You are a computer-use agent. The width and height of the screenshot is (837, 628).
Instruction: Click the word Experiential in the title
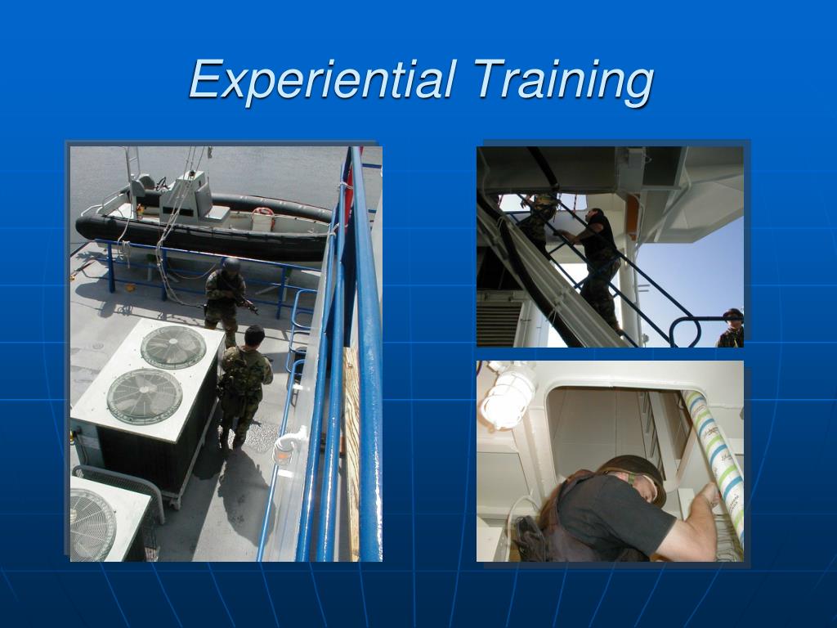[x=321, y=80]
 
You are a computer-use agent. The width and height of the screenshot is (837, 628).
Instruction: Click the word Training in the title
[x=563, y=80]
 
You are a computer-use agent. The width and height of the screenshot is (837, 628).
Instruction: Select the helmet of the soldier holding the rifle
[x=231, y=265]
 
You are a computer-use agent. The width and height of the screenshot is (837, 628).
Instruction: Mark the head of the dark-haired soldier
[x=254, y=335]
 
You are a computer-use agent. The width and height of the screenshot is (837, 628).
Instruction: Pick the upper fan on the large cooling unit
[x=173, y=347]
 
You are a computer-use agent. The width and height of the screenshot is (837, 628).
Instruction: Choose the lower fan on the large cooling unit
[x=145, y=396]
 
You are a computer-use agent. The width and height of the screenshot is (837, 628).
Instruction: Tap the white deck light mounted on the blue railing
[x=287, y=446]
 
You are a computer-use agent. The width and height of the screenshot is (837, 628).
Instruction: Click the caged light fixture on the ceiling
[x=507, y=397]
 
